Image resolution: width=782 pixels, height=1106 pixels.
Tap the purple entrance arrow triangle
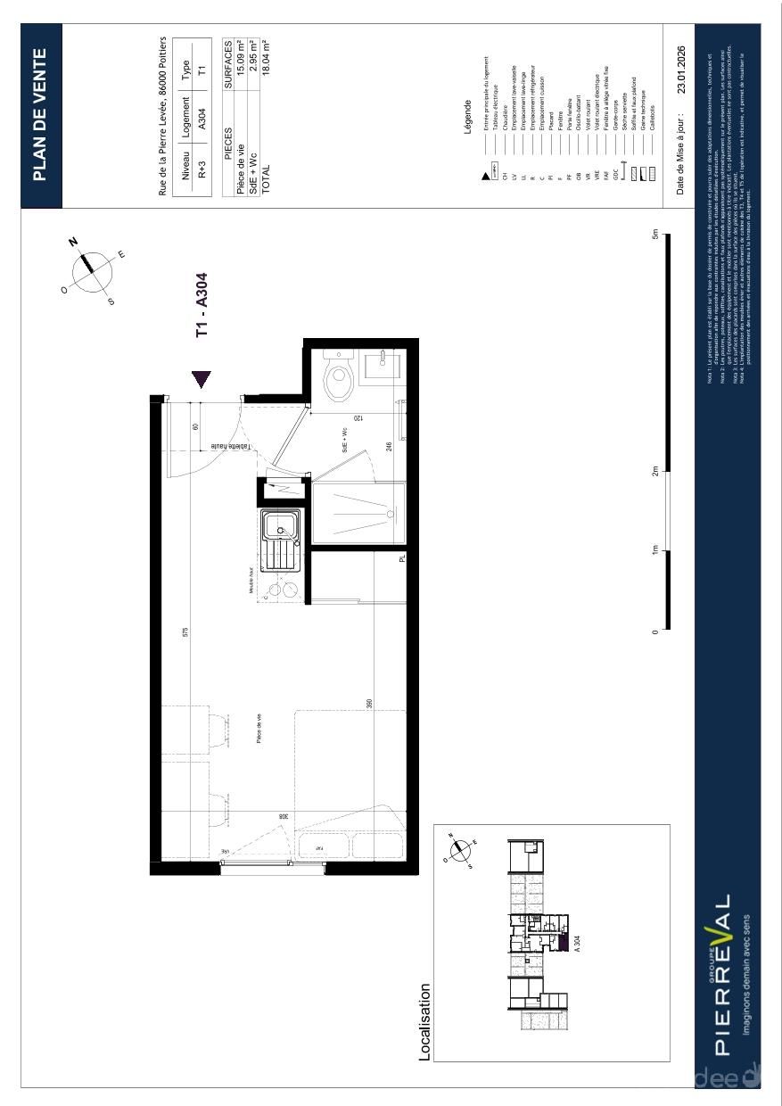click(202, 379)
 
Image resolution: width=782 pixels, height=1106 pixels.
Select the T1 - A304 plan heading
click(202, 304)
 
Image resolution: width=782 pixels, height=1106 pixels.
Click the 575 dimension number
click(185, 632)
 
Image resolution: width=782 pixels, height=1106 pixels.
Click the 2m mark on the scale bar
click(655, 472)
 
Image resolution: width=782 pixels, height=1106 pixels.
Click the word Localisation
click(425, 1022)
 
